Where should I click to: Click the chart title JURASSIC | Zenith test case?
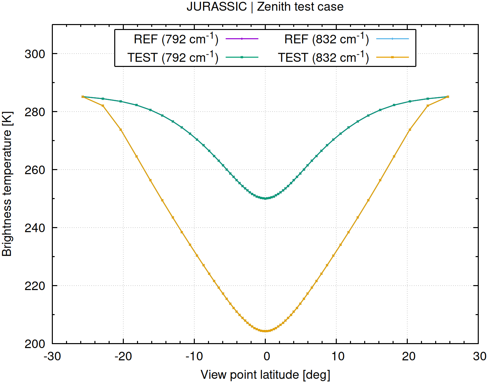(265, 7)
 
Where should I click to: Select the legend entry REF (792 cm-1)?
(176, 39)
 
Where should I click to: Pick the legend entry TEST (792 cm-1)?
(173, 58)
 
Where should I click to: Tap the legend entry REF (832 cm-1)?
(327, 39)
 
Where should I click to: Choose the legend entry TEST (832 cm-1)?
(323, 58)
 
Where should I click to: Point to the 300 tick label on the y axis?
(35, 54)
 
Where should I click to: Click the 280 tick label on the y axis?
(35, 112)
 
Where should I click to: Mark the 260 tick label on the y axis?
(35, 170)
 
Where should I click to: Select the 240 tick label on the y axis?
(35, 228)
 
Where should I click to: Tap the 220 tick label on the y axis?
(35, 286)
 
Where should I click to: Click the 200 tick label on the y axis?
(35, 344)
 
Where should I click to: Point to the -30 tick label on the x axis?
(52, 356)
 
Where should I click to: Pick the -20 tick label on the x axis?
(123, 356)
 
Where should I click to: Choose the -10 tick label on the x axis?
(194, 356)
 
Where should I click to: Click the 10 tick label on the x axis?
(337, 356)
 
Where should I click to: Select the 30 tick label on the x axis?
(479, 356)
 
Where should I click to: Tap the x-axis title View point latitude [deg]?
(265, 375)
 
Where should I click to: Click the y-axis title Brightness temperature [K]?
(7, 184)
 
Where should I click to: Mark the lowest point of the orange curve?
(265, 331)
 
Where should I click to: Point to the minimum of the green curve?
(265, 198)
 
